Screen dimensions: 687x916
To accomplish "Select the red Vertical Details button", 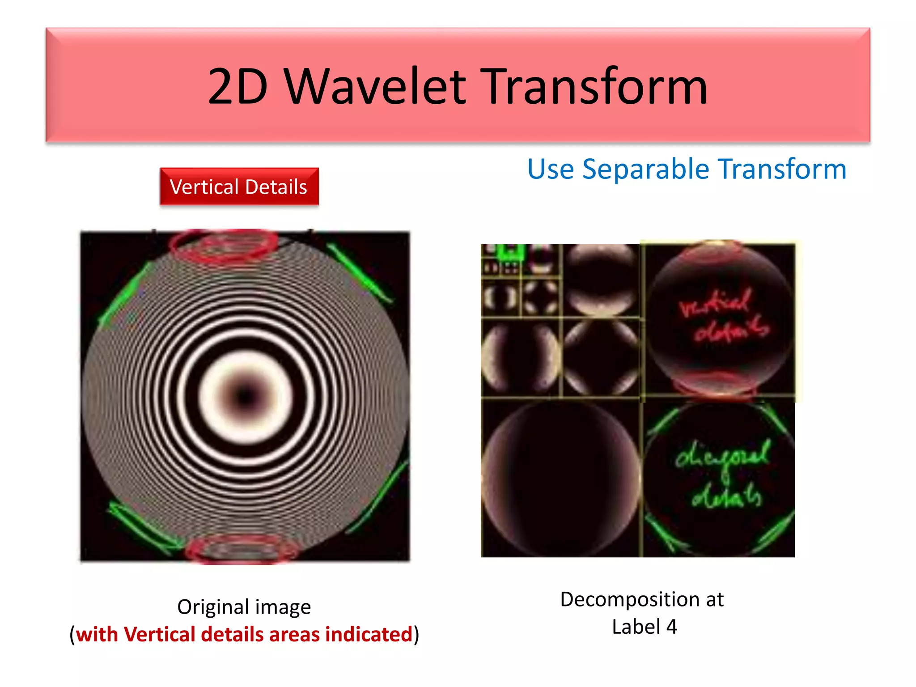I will point(239,187).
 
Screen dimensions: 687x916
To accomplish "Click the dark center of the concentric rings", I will point(245,396).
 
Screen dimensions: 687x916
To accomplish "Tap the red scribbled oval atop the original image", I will point(224,245).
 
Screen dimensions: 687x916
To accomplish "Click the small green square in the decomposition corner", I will point(510,253).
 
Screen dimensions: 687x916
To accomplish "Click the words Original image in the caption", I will point(244,607).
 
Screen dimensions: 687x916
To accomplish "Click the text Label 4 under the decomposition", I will point(644,627).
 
